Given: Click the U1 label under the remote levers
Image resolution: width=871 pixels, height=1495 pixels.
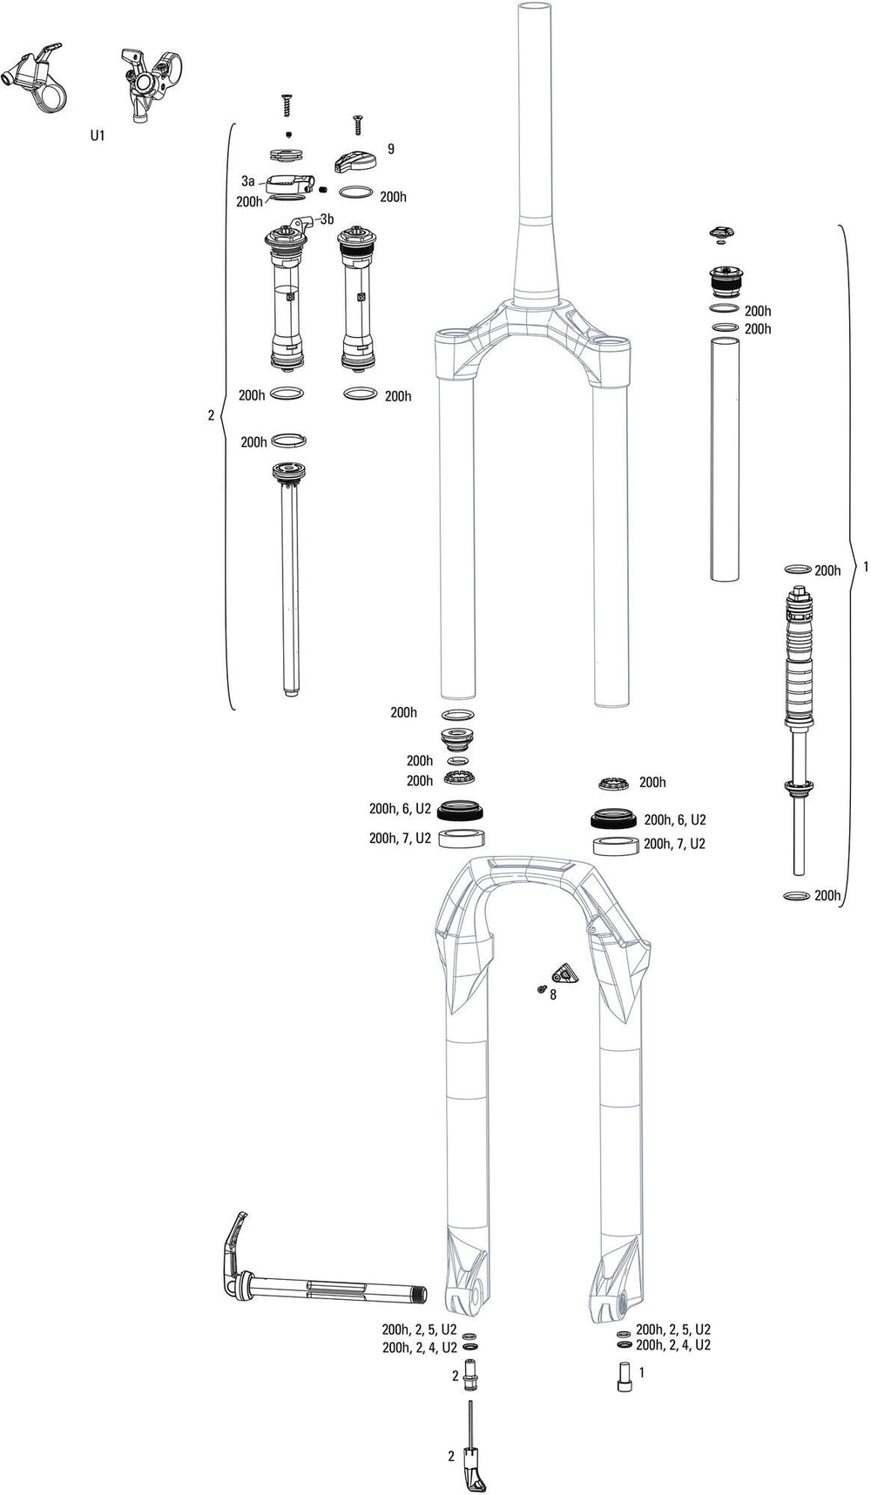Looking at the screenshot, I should pyautogui.click(x=98, y=137).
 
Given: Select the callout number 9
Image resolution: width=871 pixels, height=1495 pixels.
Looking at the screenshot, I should pyautogui.click(x=391, y=149).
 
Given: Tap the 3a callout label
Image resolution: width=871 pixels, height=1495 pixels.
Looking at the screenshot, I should pyautogui.click(x=248, y=181).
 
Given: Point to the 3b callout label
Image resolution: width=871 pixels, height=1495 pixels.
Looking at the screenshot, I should pyautogui.click(x=327, y=219).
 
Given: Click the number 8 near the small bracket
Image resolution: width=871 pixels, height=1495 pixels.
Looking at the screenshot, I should pyautogui.click(x=552, y=994).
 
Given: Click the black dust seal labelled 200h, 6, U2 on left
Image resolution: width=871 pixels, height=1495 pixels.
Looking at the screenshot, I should pyautogui.click(x=458, y=811).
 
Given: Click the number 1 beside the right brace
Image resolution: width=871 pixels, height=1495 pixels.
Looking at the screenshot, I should pyautogui.click(x=865, y=567).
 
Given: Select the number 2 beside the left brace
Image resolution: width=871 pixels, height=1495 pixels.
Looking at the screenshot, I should pyautogui.click(x=211, y=416).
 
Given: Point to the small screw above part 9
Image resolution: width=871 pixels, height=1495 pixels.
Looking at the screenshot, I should pyautogui.click(x=355, y=125).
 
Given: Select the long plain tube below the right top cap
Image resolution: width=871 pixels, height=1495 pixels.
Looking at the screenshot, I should pyautogui.click(x=726, y=459).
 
